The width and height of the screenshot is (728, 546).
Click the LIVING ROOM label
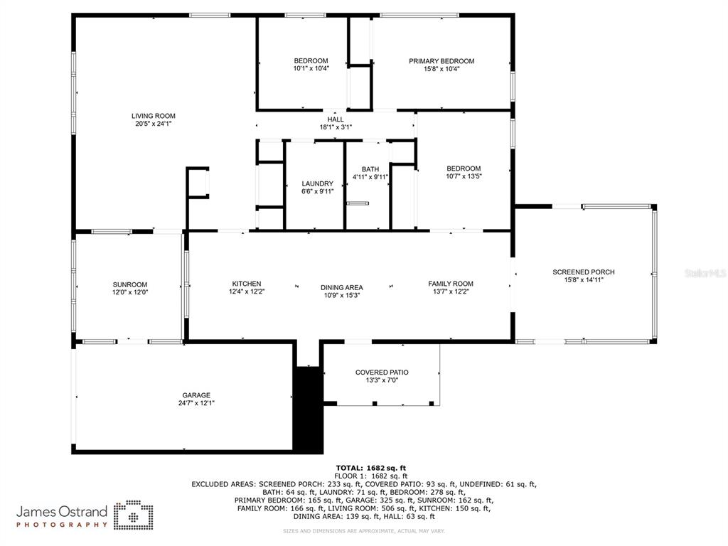(154, 116)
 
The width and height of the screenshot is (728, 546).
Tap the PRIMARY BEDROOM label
(441, 61)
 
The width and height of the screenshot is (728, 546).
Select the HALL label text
(336, 119)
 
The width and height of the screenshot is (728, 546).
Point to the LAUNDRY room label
(318, 183)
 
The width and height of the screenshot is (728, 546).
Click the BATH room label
(370, 169)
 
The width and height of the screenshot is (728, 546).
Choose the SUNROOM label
(130, 284)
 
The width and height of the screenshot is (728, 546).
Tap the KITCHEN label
(247, 284)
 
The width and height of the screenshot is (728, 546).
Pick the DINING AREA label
(342, 287)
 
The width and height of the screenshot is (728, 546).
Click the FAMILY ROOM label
(451, 284)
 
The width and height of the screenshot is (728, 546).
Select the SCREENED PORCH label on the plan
(584, 272)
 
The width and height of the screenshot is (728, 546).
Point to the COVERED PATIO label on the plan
(382, 373)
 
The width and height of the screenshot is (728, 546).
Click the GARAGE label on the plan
(196, 395)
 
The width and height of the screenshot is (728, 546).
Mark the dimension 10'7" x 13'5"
(464, 176)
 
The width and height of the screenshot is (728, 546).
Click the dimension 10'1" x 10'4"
(311, 69)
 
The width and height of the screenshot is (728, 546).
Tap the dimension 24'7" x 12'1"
(196, 403)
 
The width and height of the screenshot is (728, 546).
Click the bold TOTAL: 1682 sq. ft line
(371, 468)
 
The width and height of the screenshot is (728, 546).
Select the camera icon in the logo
(134, 515)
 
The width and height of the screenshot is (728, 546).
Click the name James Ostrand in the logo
(62, 512)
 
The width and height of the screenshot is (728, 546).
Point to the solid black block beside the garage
(308, 409)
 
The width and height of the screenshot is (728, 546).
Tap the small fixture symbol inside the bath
(358, 203)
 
